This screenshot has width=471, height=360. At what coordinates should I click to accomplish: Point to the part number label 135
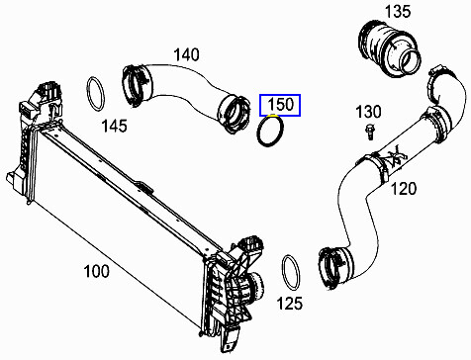[398, 13]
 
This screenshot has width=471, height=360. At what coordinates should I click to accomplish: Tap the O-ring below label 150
[273, 132]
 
